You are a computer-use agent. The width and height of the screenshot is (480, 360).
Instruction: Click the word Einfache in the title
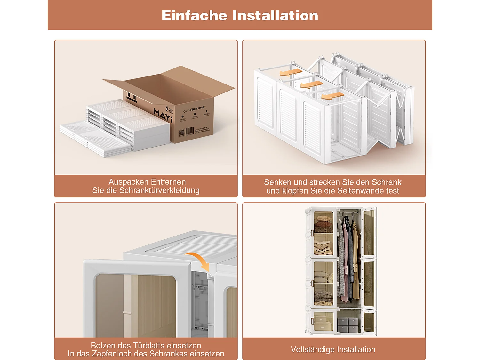[x=195, y=15]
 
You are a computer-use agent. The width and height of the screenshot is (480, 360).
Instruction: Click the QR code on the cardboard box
[x=182, y=133]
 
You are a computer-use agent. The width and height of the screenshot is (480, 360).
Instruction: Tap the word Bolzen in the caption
[x=103, y=346]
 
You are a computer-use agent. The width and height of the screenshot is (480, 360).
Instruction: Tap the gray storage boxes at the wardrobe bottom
[x=348, y=325]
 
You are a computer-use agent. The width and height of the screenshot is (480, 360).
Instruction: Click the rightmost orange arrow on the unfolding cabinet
[x=333, y=96]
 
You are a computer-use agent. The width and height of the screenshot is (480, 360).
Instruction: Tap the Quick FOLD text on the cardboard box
[x=190, y=110]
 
